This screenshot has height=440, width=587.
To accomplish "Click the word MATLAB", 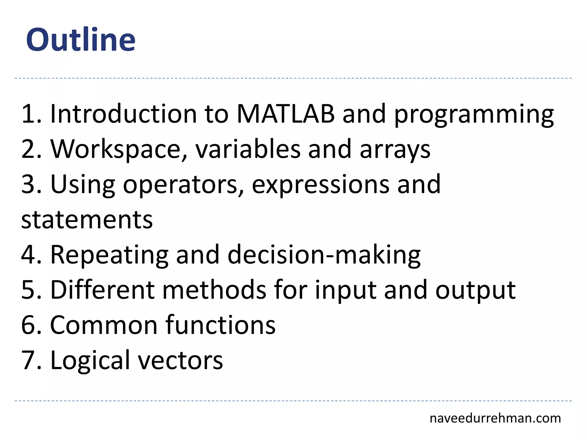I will pyautogui.click(x=285, y=114).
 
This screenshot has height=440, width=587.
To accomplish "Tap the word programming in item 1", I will pyautogui.click(x=474, y=115).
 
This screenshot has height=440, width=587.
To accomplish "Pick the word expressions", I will pyautogui.click(x=320, y=185).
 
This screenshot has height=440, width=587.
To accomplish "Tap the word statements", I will pyautogui.click(x=87, y=220).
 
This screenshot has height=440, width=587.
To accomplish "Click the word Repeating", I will pyautogui.click(x=109, y=255).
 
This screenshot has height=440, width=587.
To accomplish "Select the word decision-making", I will pyautogui.click(x=324, y=255).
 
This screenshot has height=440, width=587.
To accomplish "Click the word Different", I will pyautogui.click(x=102, y=290).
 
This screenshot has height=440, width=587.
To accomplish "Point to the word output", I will pyautogui.click(x=476, y=290).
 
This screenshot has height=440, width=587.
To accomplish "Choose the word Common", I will pyautogui.click(x=104, y=325).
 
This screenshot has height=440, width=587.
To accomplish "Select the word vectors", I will pyautogui.click(x=181, y=360).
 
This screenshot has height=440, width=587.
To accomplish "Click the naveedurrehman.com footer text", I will pyautogui.click(x=495, y=418).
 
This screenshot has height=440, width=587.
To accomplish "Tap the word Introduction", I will pyautogui.click(x=124, y=114).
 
